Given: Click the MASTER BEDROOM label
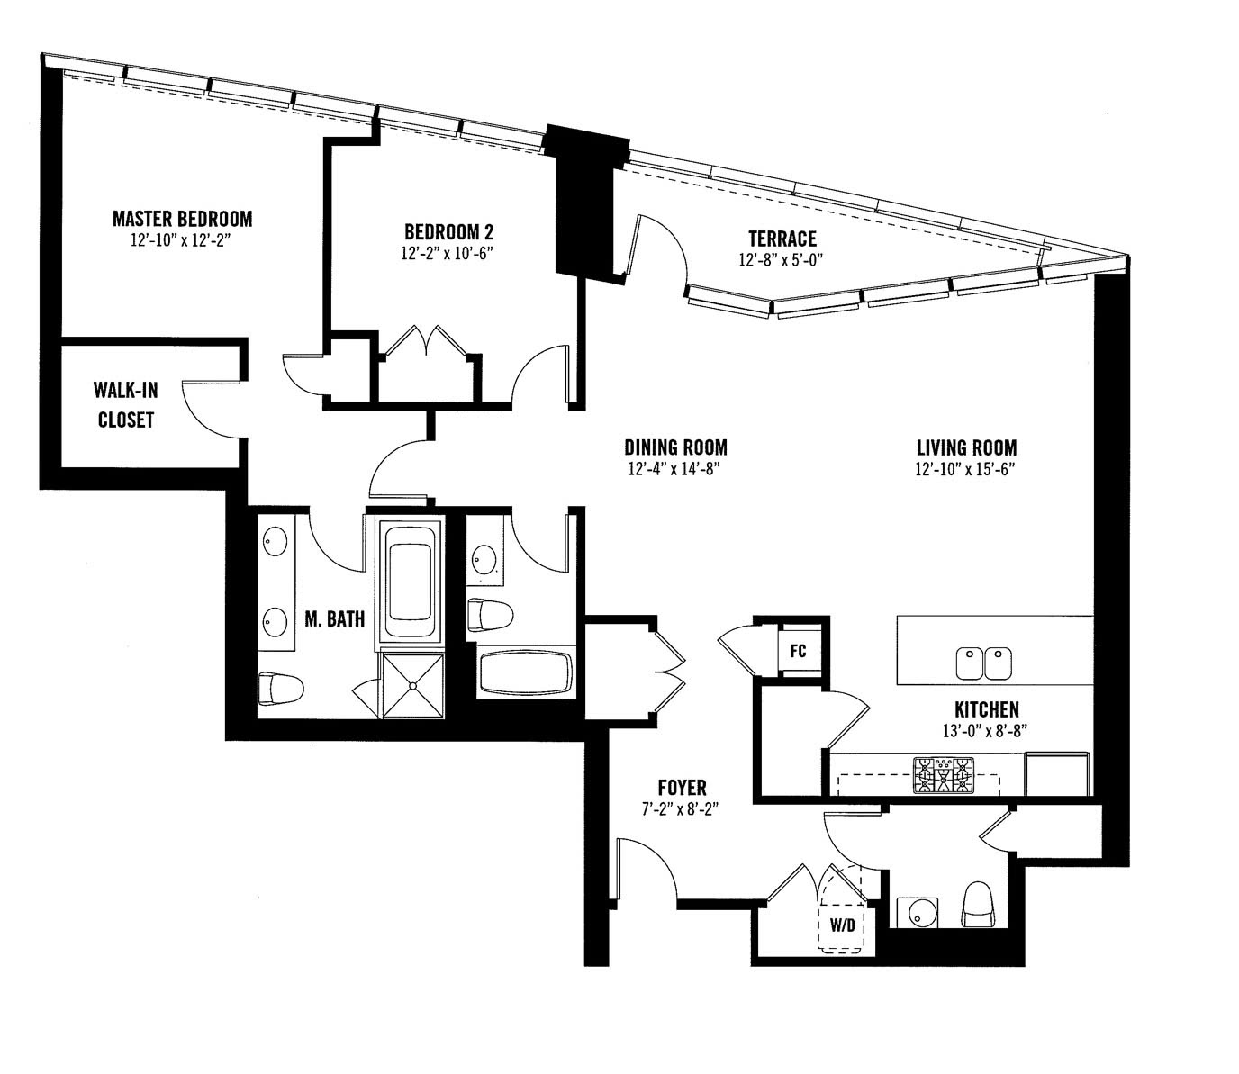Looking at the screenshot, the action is (x=182, y=219).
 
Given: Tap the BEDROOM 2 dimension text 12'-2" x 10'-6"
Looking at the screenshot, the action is (x=448, y=254).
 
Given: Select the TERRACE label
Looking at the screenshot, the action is (x=782, y=239).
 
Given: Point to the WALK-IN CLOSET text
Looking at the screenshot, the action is (x=126, y=404).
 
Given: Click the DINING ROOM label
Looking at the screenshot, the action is (x=675, y=447).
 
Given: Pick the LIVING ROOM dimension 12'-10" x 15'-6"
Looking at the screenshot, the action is (x=966, y=469).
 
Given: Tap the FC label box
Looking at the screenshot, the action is (x=798, y=651).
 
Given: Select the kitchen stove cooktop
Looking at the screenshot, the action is (x=944, y=776).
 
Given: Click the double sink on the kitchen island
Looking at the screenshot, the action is (x=983, y=663).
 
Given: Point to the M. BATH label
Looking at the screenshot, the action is (x=334, y=619).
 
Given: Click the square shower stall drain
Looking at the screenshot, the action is (x=413, y=685).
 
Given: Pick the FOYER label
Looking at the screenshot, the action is (x=682, y=787).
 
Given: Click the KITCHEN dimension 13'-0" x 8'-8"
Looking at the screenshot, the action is (x=985, y=731).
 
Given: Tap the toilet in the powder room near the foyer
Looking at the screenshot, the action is (x=980, y=905).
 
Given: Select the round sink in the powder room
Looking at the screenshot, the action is (x=918, y=912).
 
